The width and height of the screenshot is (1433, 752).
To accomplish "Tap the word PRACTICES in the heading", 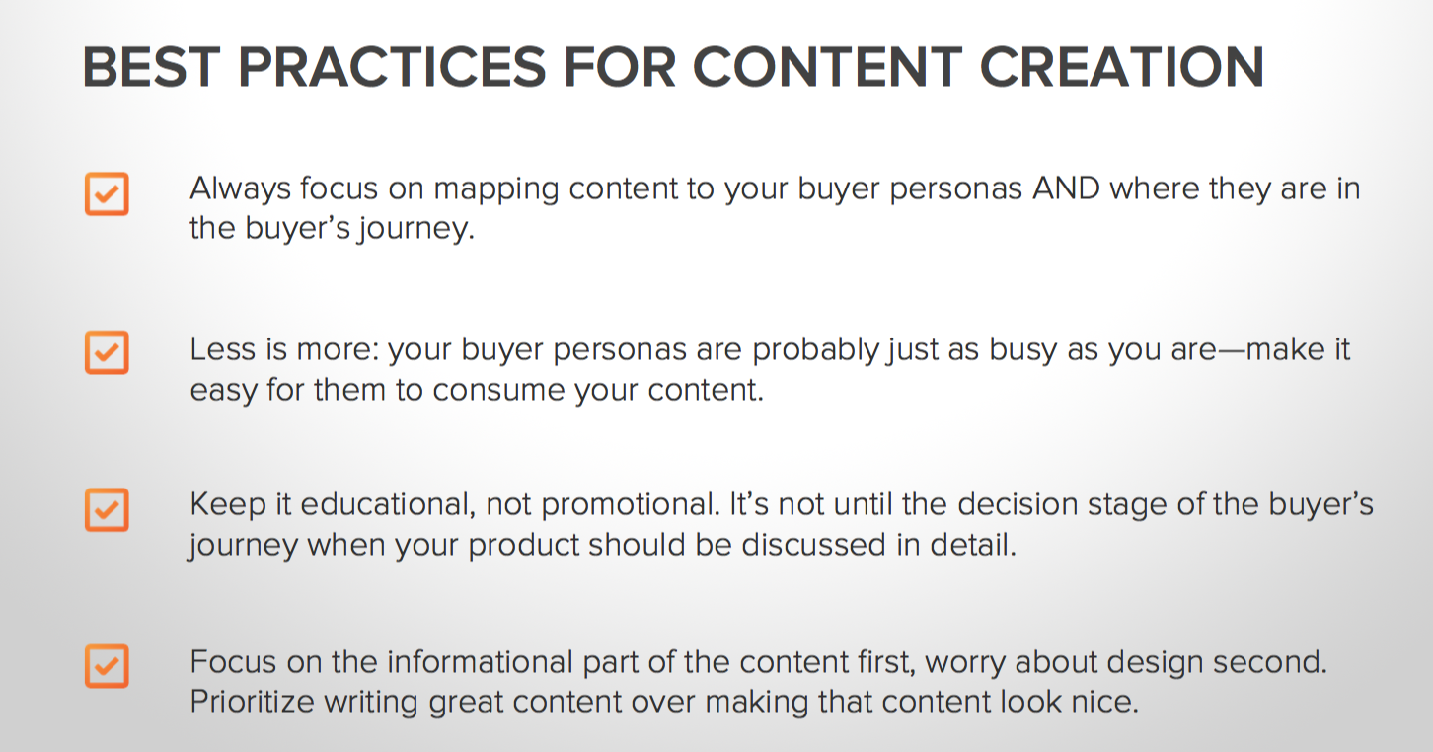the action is [392, 67].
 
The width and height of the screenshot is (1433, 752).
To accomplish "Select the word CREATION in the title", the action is [1121, 67].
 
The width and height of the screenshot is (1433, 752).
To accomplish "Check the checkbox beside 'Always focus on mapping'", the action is [107, 193].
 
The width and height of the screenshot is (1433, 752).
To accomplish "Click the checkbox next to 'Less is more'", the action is [107, 352].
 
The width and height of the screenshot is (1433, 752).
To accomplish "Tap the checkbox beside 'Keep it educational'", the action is [107, 509].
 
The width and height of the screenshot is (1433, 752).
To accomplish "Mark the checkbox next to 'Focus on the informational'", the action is [107, 666].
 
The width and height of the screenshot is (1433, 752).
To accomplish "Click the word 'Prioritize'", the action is [252, 702].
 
